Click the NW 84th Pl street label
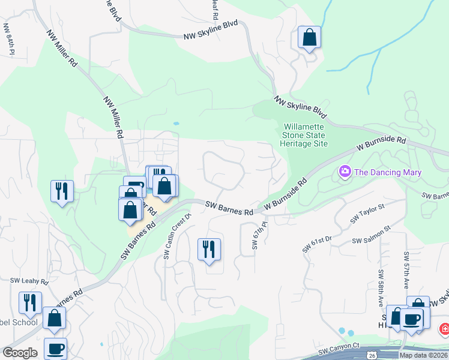(8, 39)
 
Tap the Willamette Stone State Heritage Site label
(304, 136)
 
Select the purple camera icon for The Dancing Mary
(345, 172)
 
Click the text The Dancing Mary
(388, 173)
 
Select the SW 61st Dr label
(318, 244)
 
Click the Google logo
(20, 353)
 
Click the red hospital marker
(444, 329)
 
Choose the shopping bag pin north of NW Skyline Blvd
(309, 37)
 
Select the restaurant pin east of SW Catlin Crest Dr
(209, 249)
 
